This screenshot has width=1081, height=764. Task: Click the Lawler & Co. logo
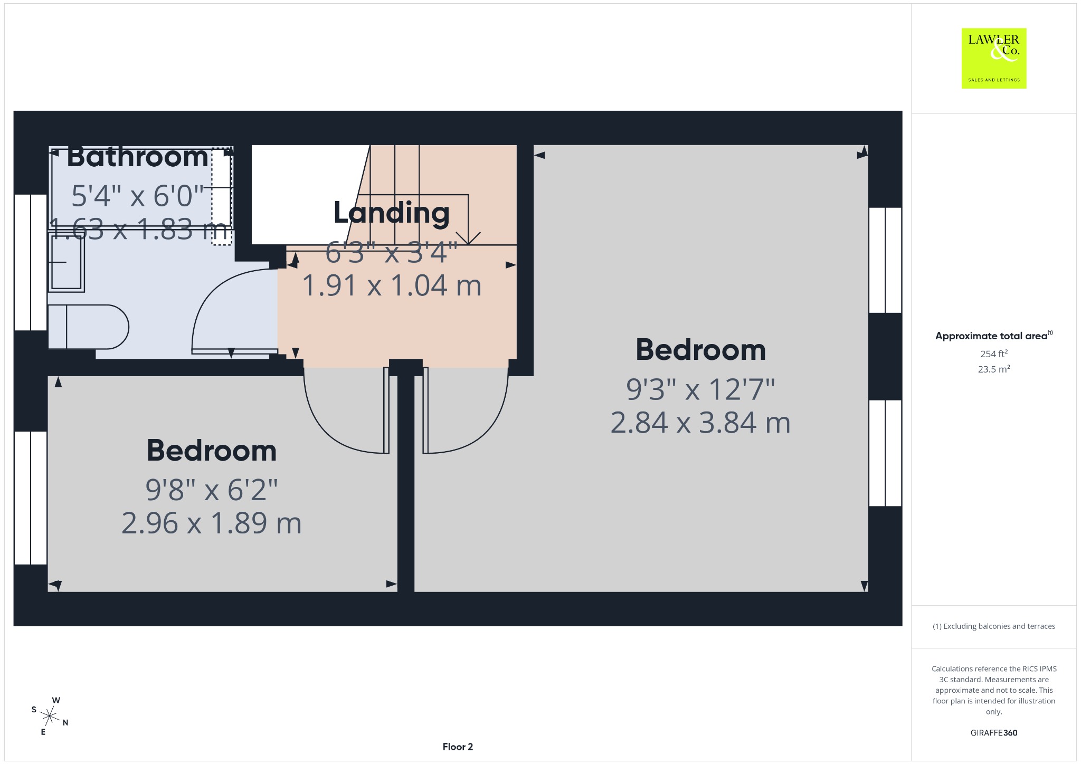click(994, 58)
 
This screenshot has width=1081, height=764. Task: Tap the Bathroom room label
click(138, 157)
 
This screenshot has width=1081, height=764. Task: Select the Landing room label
click(392, 213)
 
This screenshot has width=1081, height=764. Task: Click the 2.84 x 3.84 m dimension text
click(700, 423)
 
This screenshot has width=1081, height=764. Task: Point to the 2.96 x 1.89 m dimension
click(212, 523)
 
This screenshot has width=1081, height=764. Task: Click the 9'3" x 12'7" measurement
click(700, 389)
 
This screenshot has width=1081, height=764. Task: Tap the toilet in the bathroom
click(89, 327)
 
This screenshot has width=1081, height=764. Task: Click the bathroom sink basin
click(67, 263)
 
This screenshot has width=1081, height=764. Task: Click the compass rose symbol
click(50, 716)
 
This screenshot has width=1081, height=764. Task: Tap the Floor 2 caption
click(458, 747)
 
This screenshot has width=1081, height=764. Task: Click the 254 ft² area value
click(994, 354)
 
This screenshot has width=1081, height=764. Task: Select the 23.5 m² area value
click(994, 369)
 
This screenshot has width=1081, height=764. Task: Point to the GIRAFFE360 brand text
click(994, 732)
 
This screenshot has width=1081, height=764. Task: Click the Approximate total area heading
click(994, 336)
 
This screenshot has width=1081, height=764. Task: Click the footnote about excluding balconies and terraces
click(994, 626)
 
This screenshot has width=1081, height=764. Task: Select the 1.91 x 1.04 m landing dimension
click(392, 285)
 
